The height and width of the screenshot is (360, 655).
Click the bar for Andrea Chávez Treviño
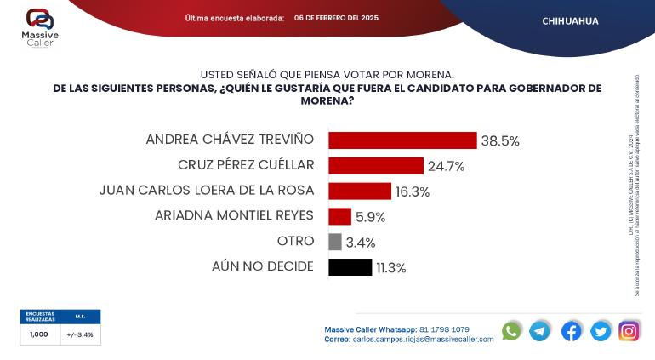[x=402, y=140]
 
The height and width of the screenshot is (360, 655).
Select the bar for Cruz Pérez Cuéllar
[x=375, y=166]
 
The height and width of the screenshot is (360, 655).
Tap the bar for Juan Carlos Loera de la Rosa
[x=359, y=191]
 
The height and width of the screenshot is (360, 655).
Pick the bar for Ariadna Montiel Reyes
[x=339, y=216]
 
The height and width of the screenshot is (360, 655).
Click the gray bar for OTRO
[x=334, y=242]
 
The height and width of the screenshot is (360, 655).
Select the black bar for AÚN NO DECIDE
[x=350, y=267]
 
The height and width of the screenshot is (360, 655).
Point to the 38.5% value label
[x=500, y=140]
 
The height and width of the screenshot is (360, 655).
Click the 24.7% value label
[x=447, y=166]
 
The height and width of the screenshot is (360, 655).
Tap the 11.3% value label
[x=391, y=267]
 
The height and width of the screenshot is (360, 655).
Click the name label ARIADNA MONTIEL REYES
[x=234, y=216]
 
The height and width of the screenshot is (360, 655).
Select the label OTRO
[x=295, y=242]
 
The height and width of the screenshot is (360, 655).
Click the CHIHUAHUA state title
[x=570, y=21]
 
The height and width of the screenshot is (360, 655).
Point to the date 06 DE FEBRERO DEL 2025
[x=336, y=18]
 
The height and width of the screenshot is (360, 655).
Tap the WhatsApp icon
[x=511, y=331]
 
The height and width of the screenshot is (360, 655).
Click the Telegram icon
[x=540, y=331]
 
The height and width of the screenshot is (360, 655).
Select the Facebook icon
[x=572, y=331]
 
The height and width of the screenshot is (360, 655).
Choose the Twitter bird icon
[x=601, y=331]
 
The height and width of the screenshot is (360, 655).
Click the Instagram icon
[x=629, y=331]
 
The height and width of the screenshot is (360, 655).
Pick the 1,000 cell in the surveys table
[x=40, y=334]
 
